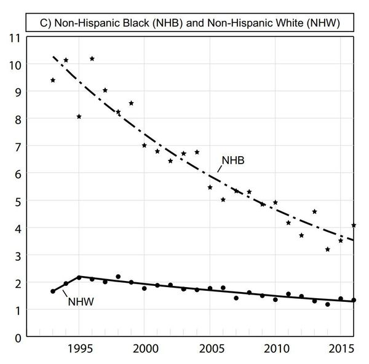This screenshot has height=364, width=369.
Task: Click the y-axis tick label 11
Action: click(x=13, y=37)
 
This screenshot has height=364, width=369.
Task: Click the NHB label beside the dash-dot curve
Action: click(x=234, y=162)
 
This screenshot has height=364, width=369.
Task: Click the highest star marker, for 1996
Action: click(x=92, y=58)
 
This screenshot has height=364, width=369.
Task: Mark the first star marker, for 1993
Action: click(x=53, y=80)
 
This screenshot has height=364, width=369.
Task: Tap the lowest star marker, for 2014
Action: click(x=328, y=249)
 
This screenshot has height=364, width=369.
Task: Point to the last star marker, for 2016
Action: click(x=354, y=225)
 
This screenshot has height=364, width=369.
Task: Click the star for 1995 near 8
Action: click(x=79, y=116)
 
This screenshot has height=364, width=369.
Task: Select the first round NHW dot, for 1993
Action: click(x=53, y=291)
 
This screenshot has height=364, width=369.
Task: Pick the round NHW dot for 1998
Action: click(x=118, y=277)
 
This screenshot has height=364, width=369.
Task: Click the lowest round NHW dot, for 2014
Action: click(x=328, y=304)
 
